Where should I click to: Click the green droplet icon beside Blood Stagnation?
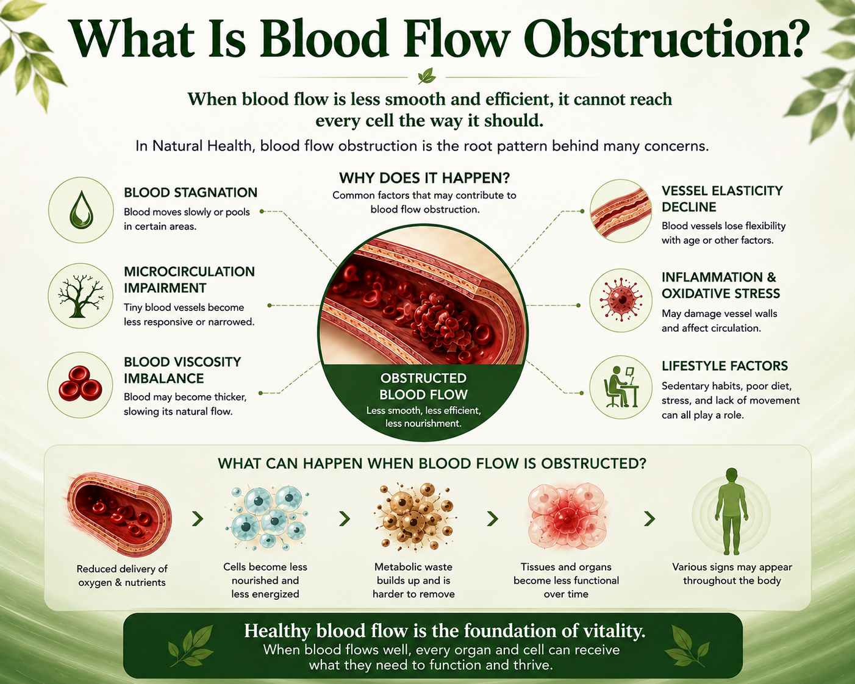pos(81,209)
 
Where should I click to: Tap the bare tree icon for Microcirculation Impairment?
pos(80,296)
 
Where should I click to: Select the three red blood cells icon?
pos(80,383)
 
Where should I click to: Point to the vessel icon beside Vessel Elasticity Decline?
pos(621,211)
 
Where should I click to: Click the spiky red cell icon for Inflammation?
pos(621,300)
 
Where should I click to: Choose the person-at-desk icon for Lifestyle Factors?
pos(621,387)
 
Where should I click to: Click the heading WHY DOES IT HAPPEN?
pos(424,178)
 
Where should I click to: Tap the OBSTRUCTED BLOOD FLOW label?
pos(423,386)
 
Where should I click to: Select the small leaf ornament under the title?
pos(427,76)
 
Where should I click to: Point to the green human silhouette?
pos(731,511)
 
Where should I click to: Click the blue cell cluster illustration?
pos(266,517)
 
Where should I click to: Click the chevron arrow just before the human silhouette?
pos(649,518)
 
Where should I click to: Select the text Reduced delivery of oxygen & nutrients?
pos(122,575)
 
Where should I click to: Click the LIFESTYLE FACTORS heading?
pos(724,366)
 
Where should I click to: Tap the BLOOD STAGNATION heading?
pos(191,193)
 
